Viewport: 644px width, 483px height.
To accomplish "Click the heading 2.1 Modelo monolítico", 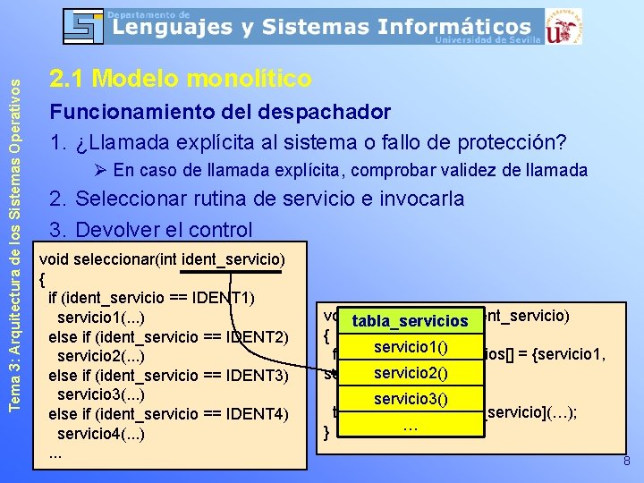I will pyautogui.click(x=181, y=79).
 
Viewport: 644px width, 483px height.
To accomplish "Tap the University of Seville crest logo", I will pyautogui.click(x=563, y=26).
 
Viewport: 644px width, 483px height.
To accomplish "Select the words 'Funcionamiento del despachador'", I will pyautogui.click(x=220, y=112).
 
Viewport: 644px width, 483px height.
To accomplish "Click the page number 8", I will pyautogui.click(x=626, y=462).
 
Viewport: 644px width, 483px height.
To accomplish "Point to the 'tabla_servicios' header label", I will pyautogui.click(x=411, y=320).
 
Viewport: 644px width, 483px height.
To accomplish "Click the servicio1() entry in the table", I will pyautogui.click(x=411, y=346).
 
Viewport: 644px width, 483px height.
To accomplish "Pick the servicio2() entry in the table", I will pyautogui.click(x=411, y=372).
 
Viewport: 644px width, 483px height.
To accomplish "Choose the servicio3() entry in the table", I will pyautogui.click(x=411, y=398).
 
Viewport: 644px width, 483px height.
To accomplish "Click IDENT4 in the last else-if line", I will pyautogui.click(x=258, y=414).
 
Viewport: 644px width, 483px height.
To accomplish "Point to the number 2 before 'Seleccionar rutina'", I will pyautogui.click(x=57, y=199).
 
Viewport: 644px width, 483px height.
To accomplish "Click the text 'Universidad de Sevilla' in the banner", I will pyautogui.click(x=487, y=39).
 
